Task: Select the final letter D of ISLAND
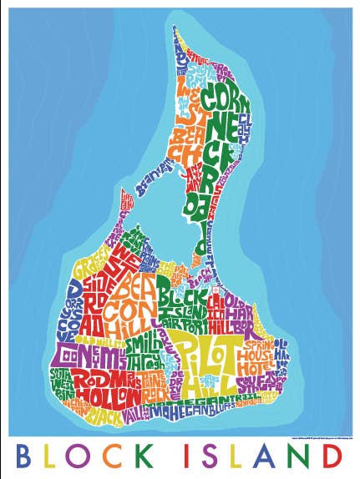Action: coord(332,458)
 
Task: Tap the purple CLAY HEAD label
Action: coord(245,126)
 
